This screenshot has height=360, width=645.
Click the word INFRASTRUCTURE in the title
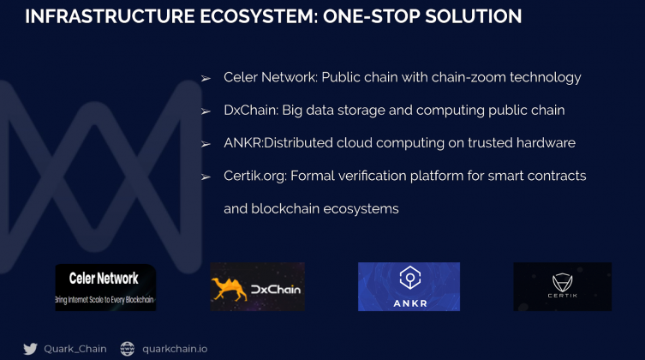pyautogui.click(x=110, y=17)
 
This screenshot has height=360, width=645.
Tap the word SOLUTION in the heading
pyautogui.click(x=473, y=17)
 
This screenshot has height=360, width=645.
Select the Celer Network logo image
pyautogui.click(x=105, y=288)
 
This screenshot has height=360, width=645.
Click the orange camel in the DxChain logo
pyautogui.click(x=229, y=288)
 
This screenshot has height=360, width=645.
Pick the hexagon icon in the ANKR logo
pyautogui.click(x=409, y=278)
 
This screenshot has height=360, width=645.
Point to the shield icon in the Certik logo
pyautogui.click(x=562, y=282)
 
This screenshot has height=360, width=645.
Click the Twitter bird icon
pyautogui.click(x=31, y=349)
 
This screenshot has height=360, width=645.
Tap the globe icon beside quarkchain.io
pyautogui.click(x=127, y=349)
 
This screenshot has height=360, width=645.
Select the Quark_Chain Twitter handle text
pyautogui.click(x=75, y=349)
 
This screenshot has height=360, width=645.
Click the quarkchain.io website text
pyautogui.click(x=175, y=349)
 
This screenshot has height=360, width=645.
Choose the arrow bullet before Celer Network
pyautogui.click(x=206, y=78)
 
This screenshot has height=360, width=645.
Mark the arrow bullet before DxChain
pyautogui.click(x=206, y=111)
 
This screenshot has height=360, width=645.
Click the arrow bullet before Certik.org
pyautogui.click(x=206, y=177)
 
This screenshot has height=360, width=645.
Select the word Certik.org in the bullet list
pyautogui.click(x=255, y=176)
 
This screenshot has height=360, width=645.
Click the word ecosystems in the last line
pyautogui.click(x=361, y=209)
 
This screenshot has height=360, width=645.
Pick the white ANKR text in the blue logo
pyautogui.click(x=410, y=303)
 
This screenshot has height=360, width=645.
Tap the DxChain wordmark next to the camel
pyautogui.click(x=276, y=290)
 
